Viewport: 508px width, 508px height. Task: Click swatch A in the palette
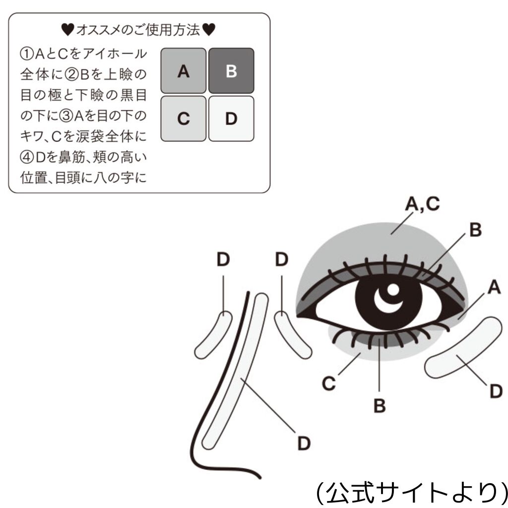click(183, 71)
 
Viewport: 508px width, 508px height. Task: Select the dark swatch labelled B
click(231, 71)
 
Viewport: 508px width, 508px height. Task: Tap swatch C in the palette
click(183, 119)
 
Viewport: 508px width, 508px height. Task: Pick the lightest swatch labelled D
click(231, 119)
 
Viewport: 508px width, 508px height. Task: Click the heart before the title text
click(68, 30)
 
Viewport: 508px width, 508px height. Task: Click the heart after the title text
click(209, 30)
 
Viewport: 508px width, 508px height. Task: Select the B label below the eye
click(380, 405)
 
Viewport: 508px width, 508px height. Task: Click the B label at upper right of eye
click(475, 231)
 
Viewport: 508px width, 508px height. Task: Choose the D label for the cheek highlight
click(496, 391)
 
